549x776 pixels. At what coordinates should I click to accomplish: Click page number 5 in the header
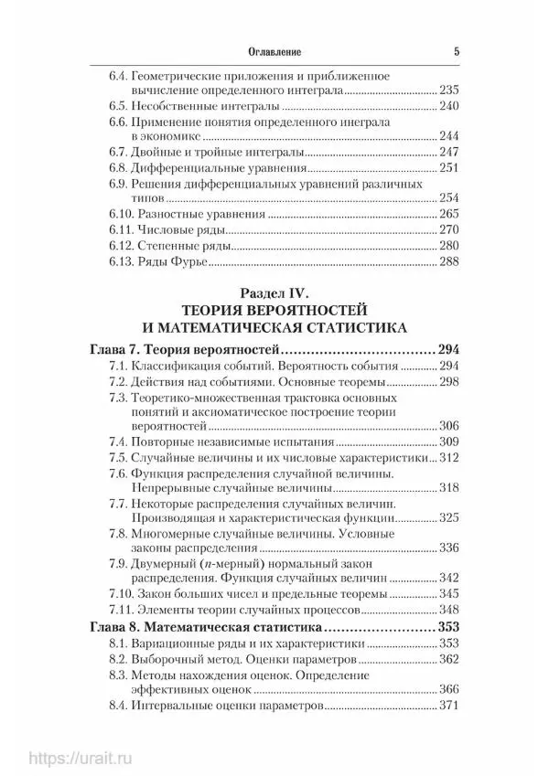[455, 53]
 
